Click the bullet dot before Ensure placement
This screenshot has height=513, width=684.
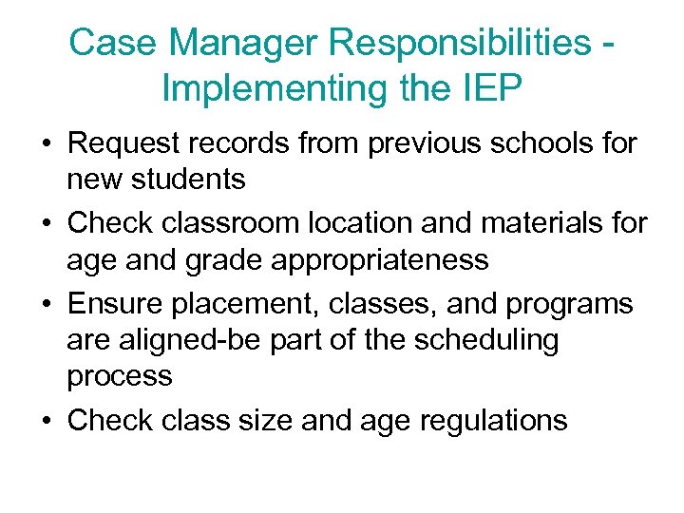coord(46,305)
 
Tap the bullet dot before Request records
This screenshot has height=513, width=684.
coord(46,144)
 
